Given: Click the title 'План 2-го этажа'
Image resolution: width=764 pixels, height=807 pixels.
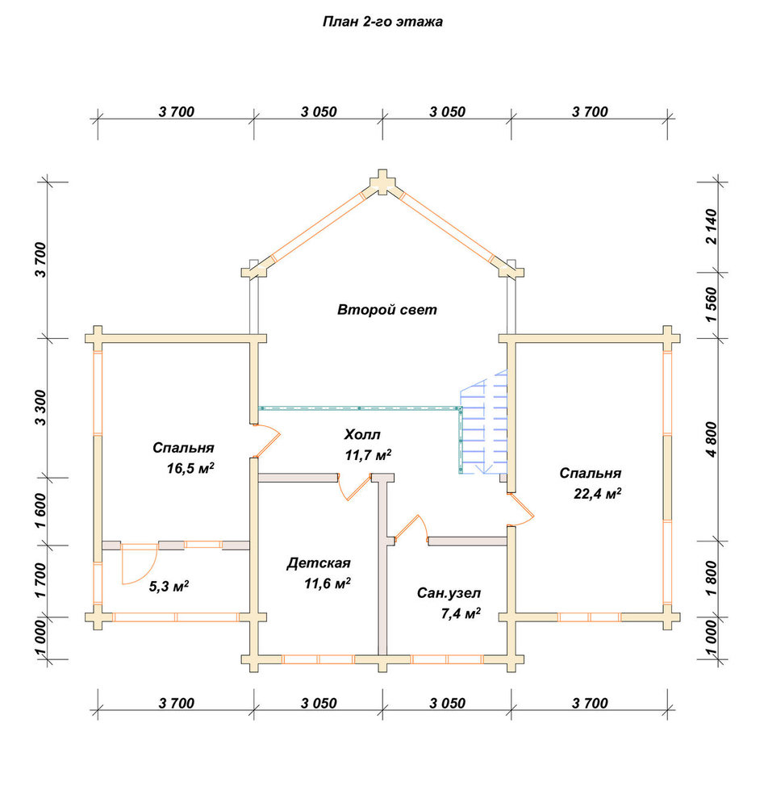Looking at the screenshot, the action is [x=382, y=22].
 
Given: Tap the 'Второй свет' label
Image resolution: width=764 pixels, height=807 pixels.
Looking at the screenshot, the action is [x=387, y=310].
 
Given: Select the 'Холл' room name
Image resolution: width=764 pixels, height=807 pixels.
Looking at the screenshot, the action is [x=362, y=435].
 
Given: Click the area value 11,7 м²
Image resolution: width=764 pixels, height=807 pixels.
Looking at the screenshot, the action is [x=369, y=455].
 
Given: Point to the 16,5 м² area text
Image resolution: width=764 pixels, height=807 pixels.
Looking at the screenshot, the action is [x=190, y=468].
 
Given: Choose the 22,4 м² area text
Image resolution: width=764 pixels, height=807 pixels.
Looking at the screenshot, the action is [x=597, y=494].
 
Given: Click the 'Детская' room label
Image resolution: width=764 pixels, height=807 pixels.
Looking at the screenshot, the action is [x=319, y=563].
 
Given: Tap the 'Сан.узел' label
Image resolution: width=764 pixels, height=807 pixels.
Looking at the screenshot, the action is [x=449, y=593].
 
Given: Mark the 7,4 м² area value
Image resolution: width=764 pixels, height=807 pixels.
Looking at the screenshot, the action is [x=461, y=613].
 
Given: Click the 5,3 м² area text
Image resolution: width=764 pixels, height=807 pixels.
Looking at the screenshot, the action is [x=169, y=586].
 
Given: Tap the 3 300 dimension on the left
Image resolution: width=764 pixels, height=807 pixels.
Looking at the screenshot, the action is [x=40, y=408].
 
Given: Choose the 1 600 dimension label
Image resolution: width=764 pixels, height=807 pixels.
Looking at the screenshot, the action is [x=40, y=511].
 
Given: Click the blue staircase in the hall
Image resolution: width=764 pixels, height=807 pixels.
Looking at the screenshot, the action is [x=483, y=423].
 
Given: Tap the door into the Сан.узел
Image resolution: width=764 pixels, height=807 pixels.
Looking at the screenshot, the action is [x=411, y=529].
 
